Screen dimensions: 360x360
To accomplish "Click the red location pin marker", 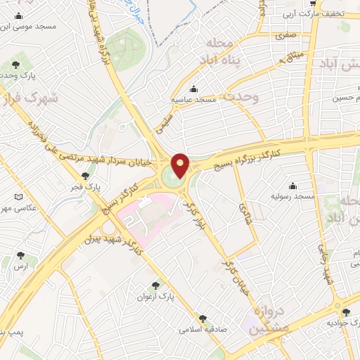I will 181,165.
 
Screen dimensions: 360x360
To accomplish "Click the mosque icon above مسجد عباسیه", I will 194,89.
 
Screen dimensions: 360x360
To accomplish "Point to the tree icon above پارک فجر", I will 86,176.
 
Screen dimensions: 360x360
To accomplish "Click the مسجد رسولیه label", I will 290,197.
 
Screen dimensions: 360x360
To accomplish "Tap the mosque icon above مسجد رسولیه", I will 291,186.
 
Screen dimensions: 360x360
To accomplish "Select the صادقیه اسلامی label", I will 201,329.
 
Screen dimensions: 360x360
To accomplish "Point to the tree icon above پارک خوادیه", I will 345,311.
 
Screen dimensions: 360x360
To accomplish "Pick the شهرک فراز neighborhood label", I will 28,100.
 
